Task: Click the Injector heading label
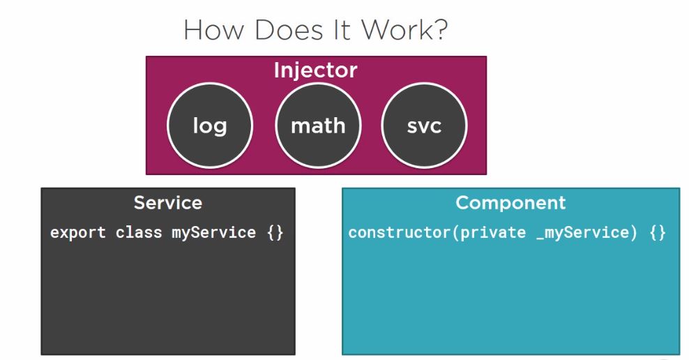click(315, 70)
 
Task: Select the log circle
click(209, 126)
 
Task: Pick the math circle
click(317, 126)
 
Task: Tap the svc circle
click(424, 126)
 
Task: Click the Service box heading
click(167, 203)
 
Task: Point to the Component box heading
click(510, 203)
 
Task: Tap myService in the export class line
click(213, 232)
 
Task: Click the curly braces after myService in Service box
click(275, 232)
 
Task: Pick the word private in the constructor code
click(492, 232)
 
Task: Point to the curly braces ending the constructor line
click(657, 232)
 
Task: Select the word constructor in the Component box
click(399, 232)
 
